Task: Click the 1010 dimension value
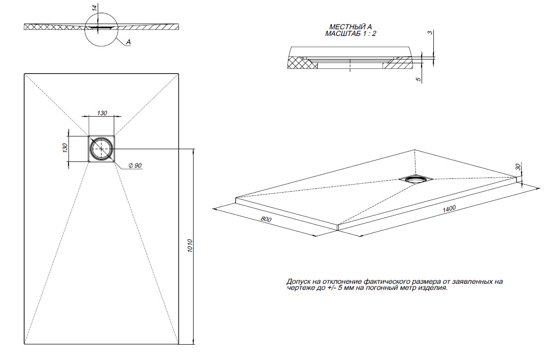tap(190, 246)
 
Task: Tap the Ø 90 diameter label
tap(135, 166)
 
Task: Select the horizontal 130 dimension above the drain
tap(102, 113)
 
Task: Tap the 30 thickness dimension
tap(518, 167)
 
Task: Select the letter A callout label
tap(128, 42)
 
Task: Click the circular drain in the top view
tap(102, 149)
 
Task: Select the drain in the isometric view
tap(415, 178)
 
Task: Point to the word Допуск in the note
tap(298, 281)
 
